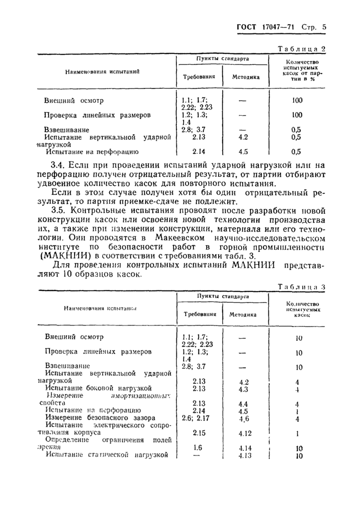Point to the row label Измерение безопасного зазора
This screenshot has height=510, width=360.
[100, 418]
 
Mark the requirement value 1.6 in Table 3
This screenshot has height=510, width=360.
[197, 448]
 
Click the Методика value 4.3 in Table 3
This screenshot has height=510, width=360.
[244, 389]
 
